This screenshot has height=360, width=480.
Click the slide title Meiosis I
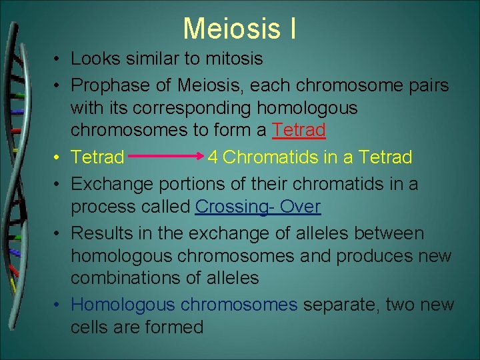(x=239, y=29)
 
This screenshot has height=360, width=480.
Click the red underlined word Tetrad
(x=299, y=129)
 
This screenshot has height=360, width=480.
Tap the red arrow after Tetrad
(x=167, y=157)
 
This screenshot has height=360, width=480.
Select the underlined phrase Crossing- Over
(x=258, y=207)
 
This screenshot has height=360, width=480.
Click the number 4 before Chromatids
(x=213, y=157)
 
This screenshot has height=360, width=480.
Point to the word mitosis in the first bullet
(x=233, y=59)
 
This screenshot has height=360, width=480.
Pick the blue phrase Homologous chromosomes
(x=184, y=305)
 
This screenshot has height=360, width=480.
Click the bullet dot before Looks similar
(x=59, y=59)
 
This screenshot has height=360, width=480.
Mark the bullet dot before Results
(x=59, y=234)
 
